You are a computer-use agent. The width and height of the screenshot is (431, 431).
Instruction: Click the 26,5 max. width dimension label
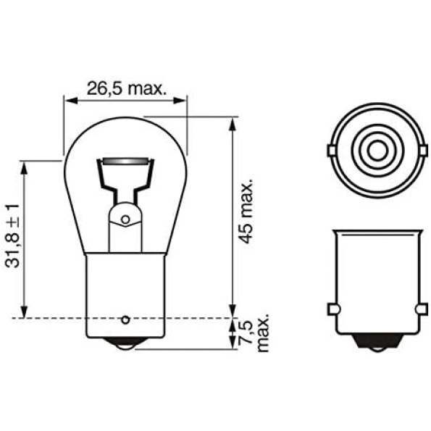click(127, 89)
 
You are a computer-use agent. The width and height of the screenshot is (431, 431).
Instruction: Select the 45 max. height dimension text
click(245, 212)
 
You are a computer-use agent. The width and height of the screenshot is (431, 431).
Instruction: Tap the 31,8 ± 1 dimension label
click(12, 236)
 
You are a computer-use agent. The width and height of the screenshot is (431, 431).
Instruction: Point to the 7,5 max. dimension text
click(254, 332)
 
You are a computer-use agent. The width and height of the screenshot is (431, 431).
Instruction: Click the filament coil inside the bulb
click(125, 162)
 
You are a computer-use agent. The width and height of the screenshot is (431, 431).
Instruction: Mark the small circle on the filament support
click(125, 219)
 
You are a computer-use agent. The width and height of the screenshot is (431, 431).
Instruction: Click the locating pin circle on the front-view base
click(125, 319)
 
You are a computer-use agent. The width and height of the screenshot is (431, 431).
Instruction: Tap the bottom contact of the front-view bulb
click(125, 343)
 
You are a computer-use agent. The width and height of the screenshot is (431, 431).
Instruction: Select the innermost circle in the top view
click(378, 151)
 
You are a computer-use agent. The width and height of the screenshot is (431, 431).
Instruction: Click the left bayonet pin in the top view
click(331, 151)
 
